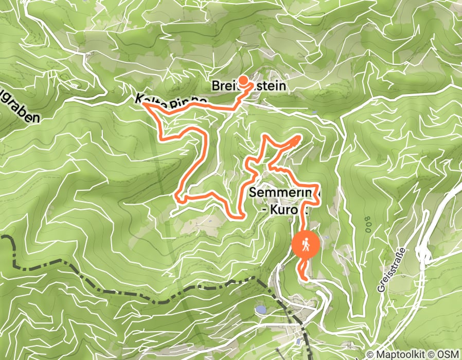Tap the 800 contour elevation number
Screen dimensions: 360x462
pos(368,224)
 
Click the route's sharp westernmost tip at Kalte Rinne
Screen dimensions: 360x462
pos(144,104)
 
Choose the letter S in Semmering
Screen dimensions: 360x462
pos(254,192)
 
